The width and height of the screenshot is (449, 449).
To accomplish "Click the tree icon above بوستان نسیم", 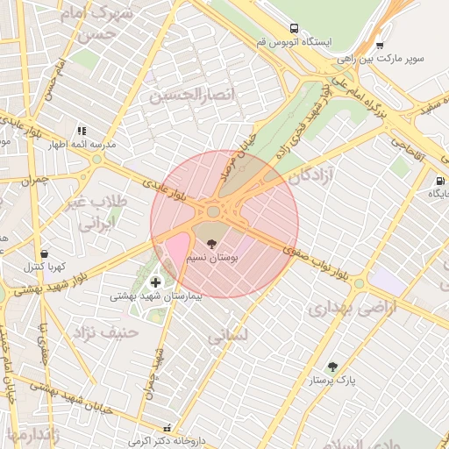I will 210,243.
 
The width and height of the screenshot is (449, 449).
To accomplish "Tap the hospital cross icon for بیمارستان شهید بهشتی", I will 156,282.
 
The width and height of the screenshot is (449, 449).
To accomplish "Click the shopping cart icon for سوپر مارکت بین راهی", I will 379,46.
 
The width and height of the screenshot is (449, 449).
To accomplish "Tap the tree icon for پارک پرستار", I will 332,367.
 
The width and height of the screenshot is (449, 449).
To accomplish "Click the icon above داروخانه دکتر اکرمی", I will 167,428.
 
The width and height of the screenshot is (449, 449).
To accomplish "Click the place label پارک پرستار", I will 334,381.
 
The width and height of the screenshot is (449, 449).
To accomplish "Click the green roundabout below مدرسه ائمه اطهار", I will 96,160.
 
